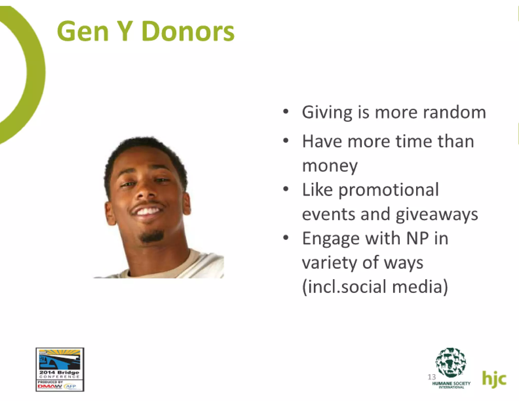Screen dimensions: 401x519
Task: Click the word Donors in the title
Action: click(188, 31)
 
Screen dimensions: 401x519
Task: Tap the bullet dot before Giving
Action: click(286, 112)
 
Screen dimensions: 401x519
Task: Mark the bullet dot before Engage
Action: click(286, 238)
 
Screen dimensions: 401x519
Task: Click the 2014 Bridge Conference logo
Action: click(60, 369)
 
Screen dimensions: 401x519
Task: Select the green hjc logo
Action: click(494, 379)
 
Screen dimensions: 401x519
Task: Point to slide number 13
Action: click(432, 377)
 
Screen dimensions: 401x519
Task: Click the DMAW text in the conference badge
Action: click(50, 387)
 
